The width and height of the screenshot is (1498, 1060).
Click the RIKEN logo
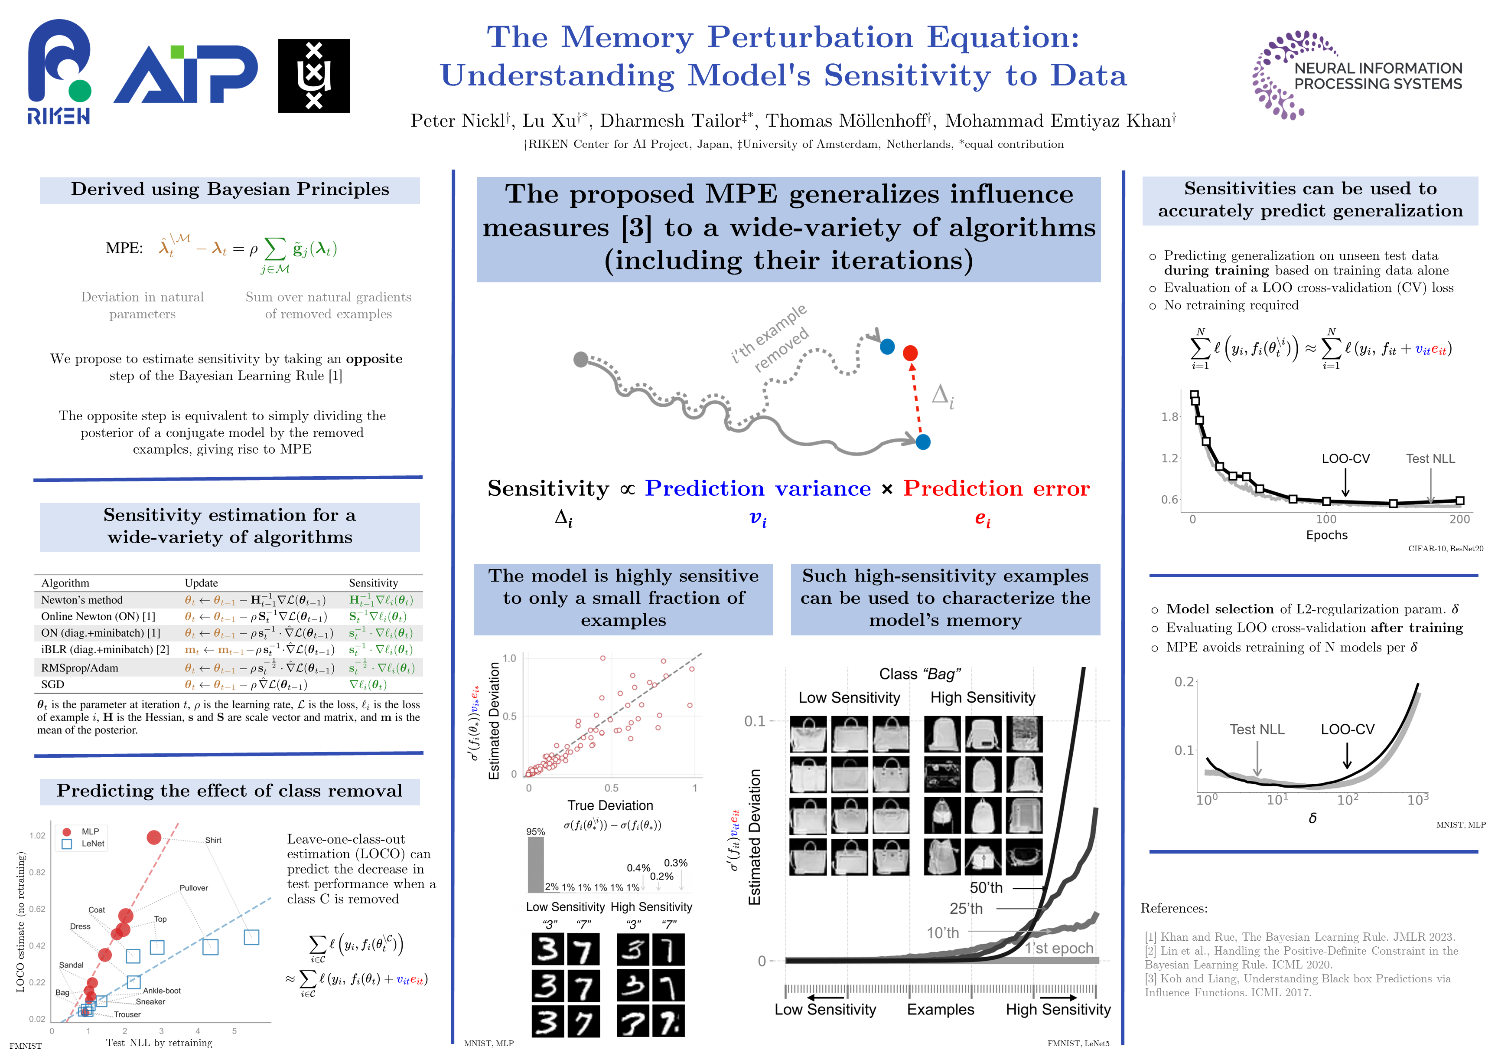pyautogui.click(x=59, y=72)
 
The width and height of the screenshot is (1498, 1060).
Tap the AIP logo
pyautogui.click(x=186, y=75)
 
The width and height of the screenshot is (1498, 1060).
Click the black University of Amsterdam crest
pyautogui.click(x=314, y=76)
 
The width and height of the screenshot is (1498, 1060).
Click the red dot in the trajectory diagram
pyautogui.click(x=910, y=353)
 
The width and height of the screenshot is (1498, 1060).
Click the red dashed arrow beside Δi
pyautogui.click(x=917, y=398)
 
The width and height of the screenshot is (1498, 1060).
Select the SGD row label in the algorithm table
pyautogui.click(x=53, y=684)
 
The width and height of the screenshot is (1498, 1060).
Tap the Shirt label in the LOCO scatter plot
pyautogui.click(x=213, y=840)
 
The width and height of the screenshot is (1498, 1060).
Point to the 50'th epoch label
pyautogui.click(x=986, y=888)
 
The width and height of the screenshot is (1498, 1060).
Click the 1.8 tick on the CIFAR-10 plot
pyautogui.click(x=1170, y=416)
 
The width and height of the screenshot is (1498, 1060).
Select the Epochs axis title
pyautogui.click(x=1326, y=535)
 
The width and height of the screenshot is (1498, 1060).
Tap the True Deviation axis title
pyautogui.click(x=610, y=805)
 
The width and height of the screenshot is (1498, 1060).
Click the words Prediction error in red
pyautogui.click(x=996, y=488)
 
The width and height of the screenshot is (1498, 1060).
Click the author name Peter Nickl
pyautogui.click(x=457, y=121)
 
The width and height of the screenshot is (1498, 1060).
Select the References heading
pyautogui.click(x=1174, y=909)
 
